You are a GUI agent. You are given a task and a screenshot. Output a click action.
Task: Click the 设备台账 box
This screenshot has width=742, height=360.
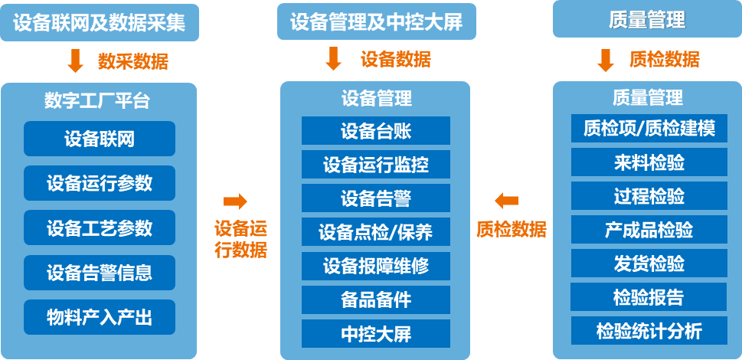375,131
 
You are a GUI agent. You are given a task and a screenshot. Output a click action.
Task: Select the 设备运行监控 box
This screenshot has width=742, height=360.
375,165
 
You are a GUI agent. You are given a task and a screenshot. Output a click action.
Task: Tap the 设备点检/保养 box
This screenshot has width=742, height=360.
375,232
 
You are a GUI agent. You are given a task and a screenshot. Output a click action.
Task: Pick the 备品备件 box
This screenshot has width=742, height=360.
375,299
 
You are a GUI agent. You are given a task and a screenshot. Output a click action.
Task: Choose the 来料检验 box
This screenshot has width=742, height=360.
649,162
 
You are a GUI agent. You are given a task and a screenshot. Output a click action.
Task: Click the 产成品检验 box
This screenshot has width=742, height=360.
649,230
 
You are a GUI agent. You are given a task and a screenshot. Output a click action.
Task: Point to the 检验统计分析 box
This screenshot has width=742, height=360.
649,331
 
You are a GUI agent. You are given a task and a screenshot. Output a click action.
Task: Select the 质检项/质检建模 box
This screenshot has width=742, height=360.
649,129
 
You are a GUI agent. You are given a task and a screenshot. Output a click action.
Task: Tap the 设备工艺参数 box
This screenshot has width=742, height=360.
100,227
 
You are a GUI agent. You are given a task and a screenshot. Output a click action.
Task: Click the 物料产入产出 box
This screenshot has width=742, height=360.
100,317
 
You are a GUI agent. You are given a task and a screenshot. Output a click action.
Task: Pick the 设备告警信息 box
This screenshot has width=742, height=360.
100,273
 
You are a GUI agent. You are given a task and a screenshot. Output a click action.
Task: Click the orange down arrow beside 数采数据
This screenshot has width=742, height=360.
76,61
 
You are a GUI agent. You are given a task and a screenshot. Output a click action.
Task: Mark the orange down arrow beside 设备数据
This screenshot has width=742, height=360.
333,59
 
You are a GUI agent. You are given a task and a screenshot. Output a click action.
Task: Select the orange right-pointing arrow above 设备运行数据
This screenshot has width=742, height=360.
235,201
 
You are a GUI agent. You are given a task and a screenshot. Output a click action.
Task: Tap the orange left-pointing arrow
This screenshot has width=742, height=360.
506,201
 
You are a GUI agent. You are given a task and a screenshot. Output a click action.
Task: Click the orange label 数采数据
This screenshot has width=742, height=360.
132,61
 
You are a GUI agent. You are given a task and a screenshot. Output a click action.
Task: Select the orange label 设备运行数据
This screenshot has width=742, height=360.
240,238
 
